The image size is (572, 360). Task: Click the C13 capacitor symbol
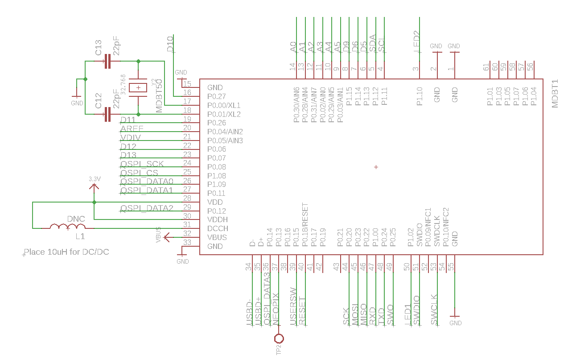click(107, 61)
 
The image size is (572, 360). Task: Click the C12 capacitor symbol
click(107, 114)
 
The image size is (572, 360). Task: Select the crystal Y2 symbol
click(138, 88)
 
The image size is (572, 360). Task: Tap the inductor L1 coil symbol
click(67, 227)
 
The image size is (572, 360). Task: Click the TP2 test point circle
click(279, 338)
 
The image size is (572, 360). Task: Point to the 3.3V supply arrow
click(94, 185)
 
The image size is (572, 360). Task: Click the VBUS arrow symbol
click(167, 237)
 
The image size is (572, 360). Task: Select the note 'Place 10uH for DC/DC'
click(66, 252)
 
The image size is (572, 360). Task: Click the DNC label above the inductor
click(76, 219)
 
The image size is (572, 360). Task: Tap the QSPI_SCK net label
click(142, 164)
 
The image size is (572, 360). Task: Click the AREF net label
click(132, 129)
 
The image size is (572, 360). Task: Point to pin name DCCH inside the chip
click(218, 228)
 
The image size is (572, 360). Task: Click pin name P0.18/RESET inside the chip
click(305, 225)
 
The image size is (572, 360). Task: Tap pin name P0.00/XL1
click(224, 105)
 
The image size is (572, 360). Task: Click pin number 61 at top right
click(486, 67)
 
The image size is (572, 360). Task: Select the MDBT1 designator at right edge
click(555, 94)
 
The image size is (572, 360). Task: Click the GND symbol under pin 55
click(455, 319)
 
